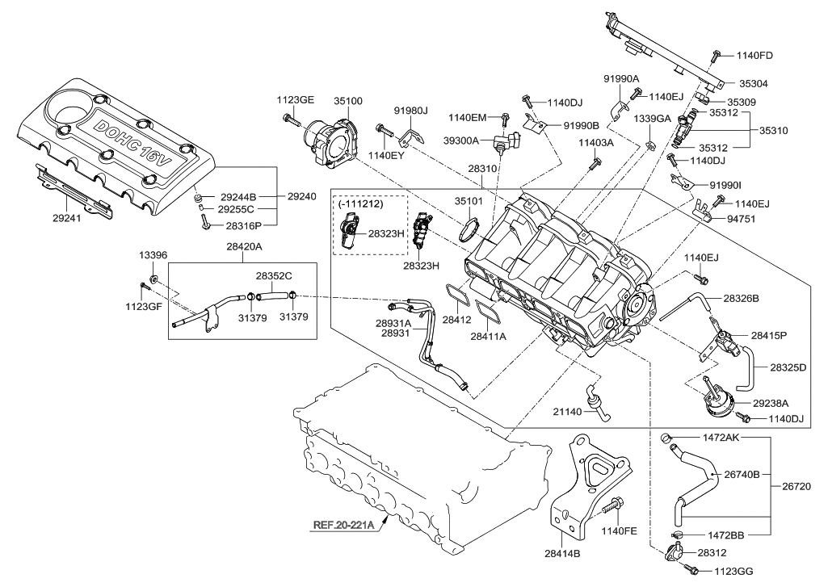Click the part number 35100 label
pos(348,102)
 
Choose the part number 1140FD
pos(754,56)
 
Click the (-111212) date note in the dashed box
pos(360,206)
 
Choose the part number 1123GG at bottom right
pos(733,571)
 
